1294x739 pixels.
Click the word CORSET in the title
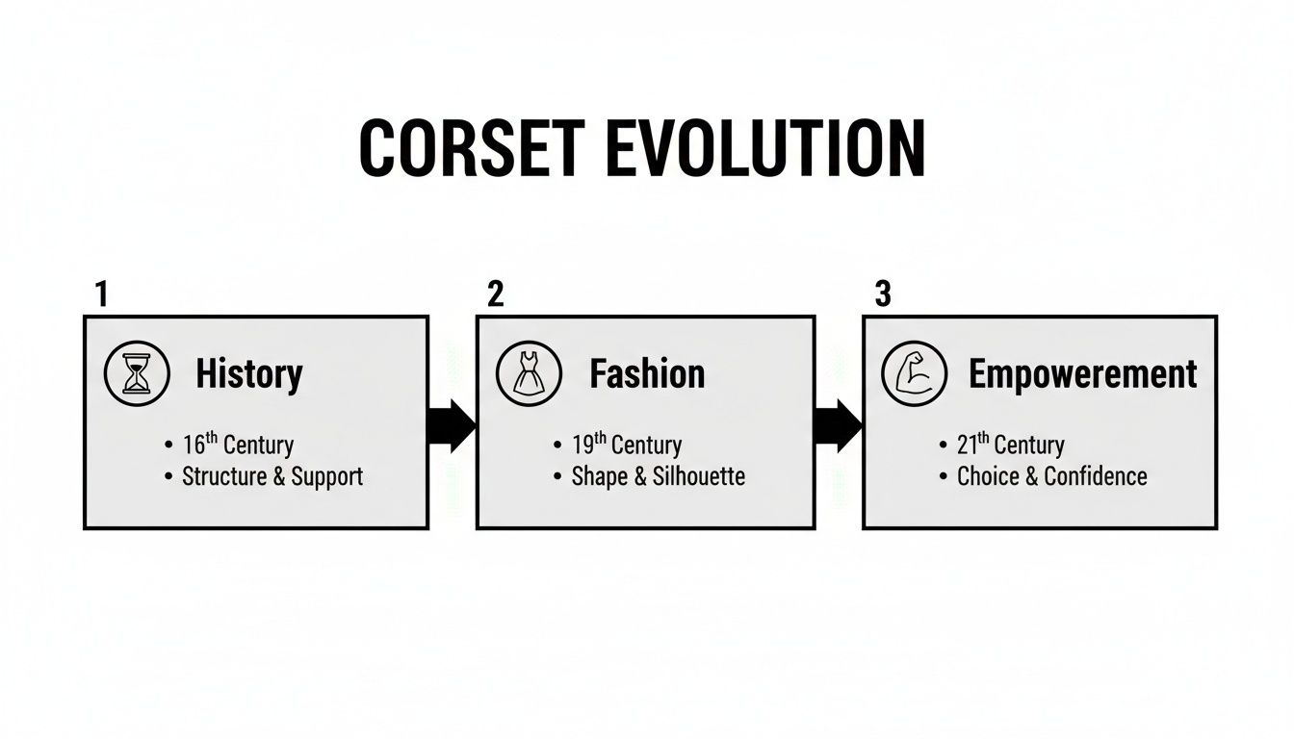471,149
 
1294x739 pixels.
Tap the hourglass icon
137,373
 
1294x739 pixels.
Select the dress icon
529,373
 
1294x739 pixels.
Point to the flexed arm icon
915,373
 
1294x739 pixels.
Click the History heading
248,373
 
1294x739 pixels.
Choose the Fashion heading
647,373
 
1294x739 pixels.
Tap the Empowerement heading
1082,373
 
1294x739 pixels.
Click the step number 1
101,294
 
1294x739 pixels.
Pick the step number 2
495,294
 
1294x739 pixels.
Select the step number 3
882,294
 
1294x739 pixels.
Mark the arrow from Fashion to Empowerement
838,424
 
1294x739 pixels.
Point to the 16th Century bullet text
238,445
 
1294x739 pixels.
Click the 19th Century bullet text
627,445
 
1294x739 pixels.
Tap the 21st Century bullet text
1010,445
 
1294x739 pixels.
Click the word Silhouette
698,476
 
